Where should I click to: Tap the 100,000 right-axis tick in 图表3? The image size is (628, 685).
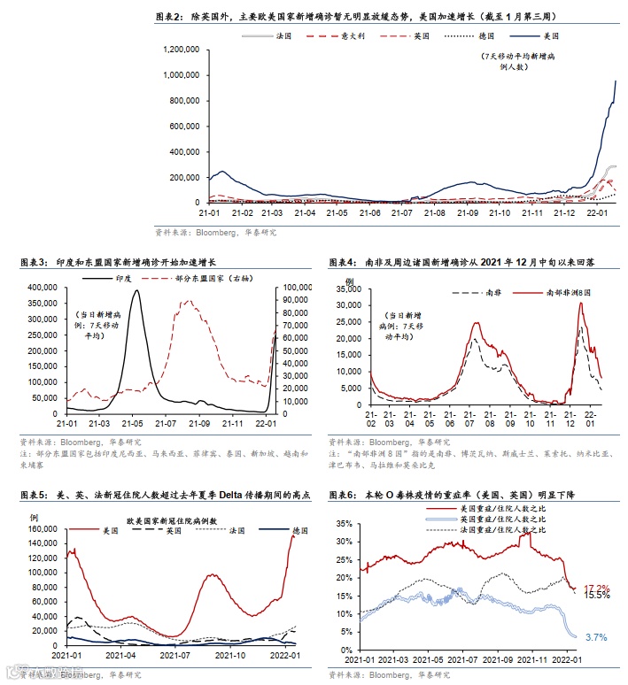[293, 288]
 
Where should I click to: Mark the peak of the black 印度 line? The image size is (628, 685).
[136, 291]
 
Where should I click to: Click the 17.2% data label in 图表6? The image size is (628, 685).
[597, 589]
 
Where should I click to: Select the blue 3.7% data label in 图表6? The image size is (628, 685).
[596, 637]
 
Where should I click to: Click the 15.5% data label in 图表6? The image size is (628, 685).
[597, 596]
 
